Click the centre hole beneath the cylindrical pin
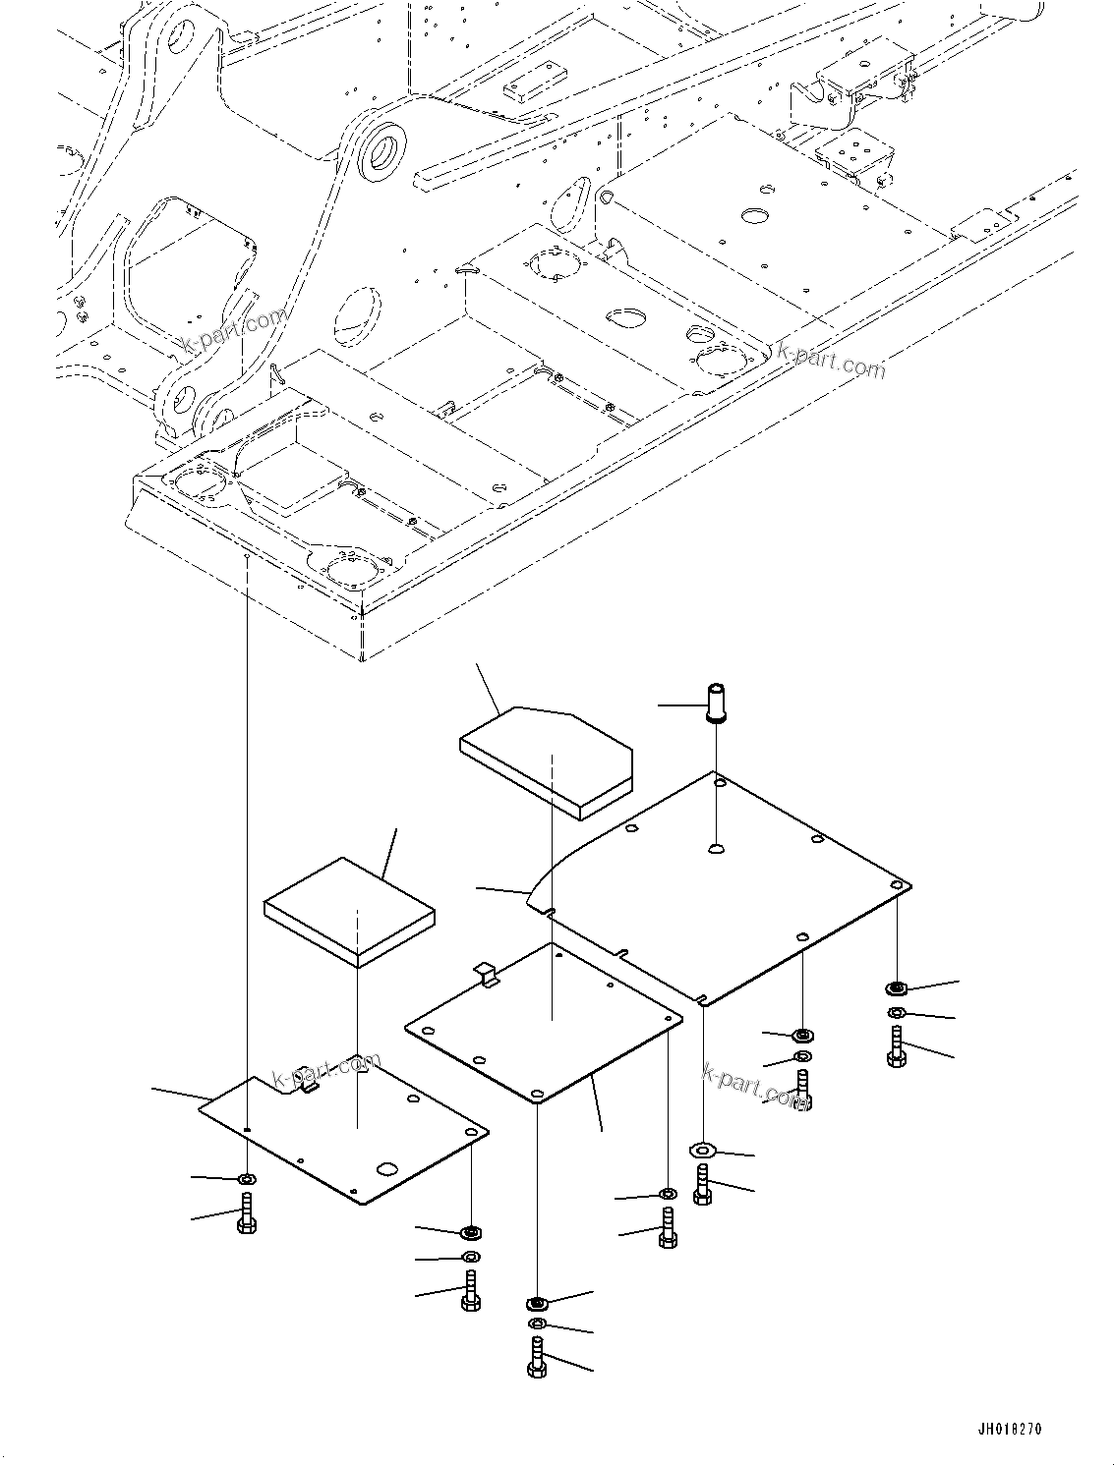[718, 848]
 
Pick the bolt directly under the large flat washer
[702, 1185]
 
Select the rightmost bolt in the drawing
[896, 1047]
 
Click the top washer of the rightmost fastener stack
[896, 987]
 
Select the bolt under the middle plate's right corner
[668, 1228]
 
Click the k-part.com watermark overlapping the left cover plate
[326, 1072]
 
